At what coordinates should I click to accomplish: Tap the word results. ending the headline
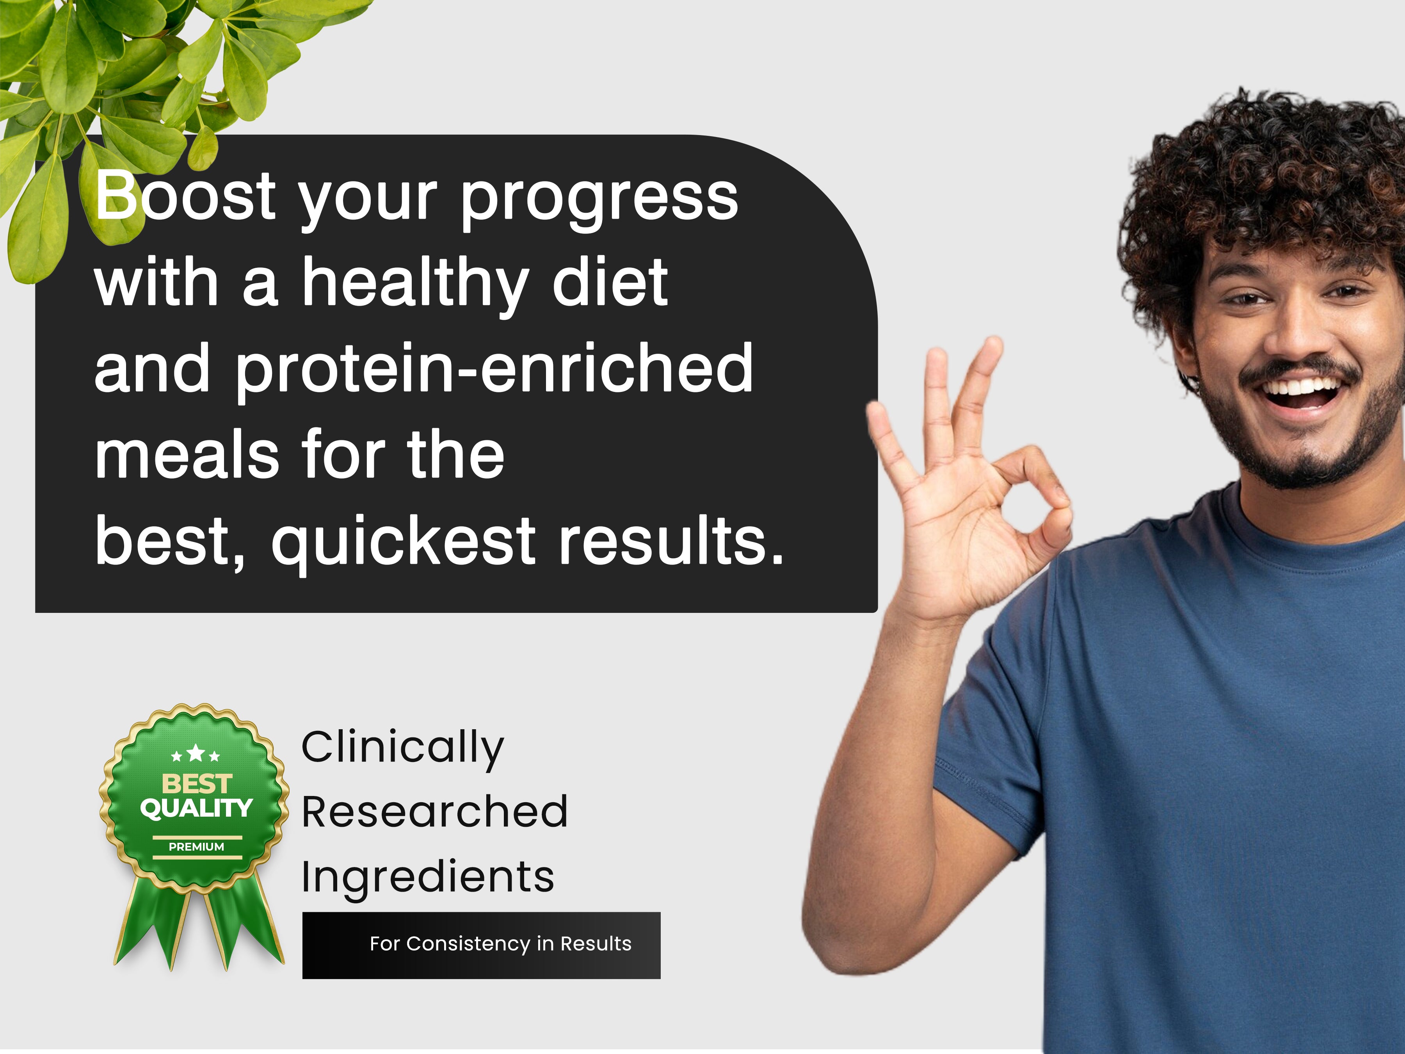[671, 540]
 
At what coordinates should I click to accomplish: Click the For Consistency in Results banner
[482, 945]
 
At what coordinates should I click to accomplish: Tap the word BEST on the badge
[197, 783]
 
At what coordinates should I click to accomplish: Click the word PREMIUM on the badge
[196, 847]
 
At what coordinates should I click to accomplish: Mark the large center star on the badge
[196, 753]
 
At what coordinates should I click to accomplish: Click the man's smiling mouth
[1300, 392]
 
